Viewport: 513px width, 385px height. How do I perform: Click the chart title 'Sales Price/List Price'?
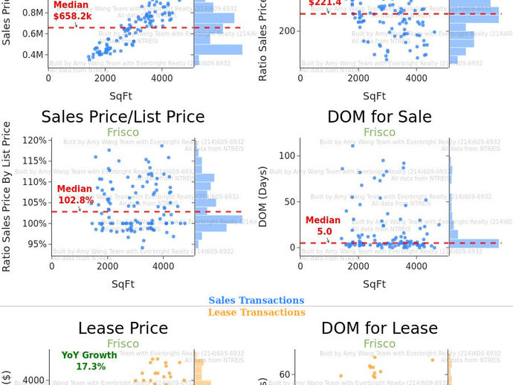point(123,117)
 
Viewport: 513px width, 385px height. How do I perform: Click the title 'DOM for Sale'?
point(379,117)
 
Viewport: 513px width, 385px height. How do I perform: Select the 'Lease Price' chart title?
point(123,328)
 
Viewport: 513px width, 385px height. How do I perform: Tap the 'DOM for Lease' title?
point(379,328)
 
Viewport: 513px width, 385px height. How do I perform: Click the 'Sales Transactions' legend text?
point(256,300)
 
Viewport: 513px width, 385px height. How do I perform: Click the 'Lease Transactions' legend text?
point(256,312)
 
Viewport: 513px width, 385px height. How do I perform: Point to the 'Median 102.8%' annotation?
point(75,195)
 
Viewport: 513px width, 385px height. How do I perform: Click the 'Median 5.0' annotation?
point(323,226)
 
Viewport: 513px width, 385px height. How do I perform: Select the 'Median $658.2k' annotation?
point(72,10)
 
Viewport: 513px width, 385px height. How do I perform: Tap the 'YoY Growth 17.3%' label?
point(90,360)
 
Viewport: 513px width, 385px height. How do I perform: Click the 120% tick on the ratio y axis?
point(34,140)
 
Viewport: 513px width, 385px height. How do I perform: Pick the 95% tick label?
point(36,244)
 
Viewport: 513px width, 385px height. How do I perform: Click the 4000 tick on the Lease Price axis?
point(32,380)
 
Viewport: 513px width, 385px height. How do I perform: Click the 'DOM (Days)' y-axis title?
point(263,195)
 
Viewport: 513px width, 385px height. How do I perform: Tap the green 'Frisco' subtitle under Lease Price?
point(123,343)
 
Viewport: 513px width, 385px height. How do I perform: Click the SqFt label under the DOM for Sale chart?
point(374,283)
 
